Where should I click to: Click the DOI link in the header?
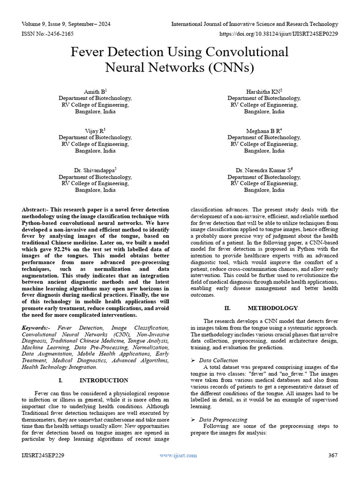pyautogui.click(x=279, y=34)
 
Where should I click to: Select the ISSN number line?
pyautogui.click(x=48, y=34)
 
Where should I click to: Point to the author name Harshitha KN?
pyautogui.click(x=263, y=91)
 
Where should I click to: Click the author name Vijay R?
pyautogui.click(x=94, y=131)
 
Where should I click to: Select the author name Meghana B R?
pyautogui.click(x=263, y=131)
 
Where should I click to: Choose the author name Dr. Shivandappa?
pyautogui.click(x=94, y=170)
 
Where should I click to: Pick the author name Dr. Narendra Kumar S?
pyautogui.click(x=263, y=170)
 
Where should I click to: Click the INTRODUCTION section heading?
pyautogui.click(x=104, y=380)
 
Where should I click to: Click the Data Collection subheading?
pyautogui.click(x=218, y=360)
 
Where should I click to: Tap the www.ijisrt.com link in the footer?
pyautogui.click(x=178, y=455)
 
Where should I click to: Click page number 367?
pyautogui.click(x=333, y=455)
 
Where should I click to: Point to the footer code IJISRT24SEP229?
pyautogui.click(x=43, y=455)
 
